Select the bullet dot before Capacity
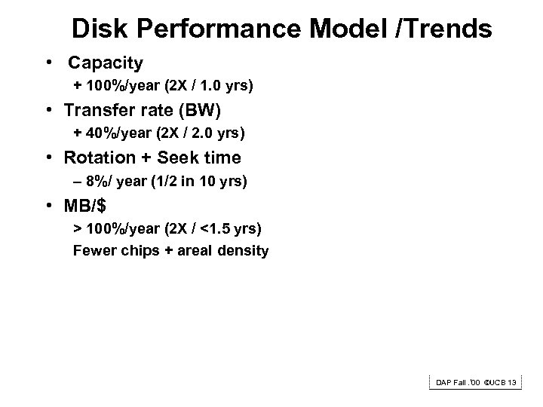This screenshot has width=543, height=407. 48,63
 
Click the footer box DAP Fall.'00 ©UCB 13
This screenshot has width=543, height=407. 475,383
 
